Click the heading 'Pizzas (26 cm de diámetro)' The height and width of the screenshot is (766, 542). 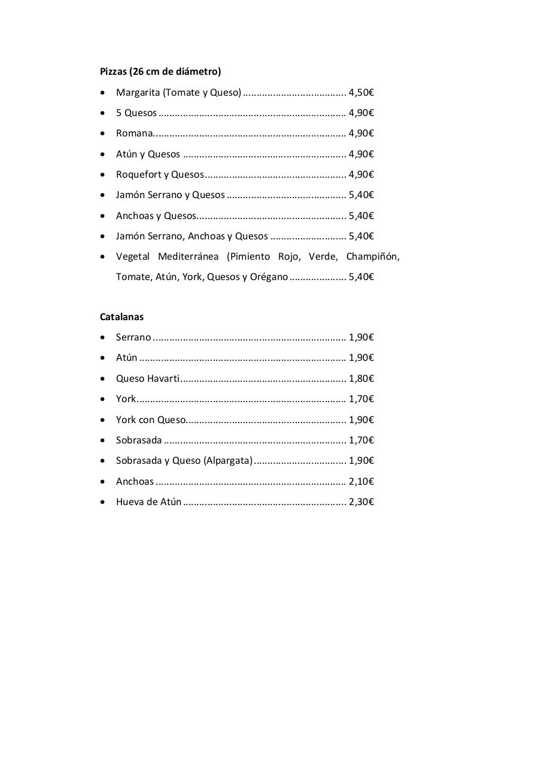160,72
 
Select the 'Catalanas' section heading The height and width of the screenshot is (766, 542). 121,317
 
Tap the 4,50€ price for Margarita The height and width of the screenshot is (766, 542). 361,93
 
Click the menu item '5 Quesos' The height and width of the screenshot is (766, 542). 136,113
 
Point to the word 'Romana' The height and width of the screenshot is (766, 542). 135,133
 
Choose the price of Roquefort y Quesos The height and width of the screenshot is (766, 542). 361,175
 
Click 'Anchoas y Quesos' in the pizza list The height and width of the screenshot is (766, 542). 156,216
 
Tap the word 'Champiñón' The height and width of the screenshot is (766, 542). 372,257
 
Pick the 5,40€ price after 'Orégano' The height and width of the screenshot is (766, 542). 361,277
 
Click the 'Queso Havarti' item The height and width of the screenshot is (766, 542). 148,379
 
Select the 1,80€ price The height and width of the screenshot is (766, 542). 361,379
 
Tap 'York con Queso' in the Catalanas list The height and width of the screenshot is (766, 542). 151,420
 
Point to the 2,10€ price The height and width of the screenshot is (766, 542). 361,482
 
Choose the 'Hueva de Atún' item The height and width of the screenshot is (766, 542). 149,502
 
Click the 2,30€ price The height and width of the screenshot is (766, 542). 361,502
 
